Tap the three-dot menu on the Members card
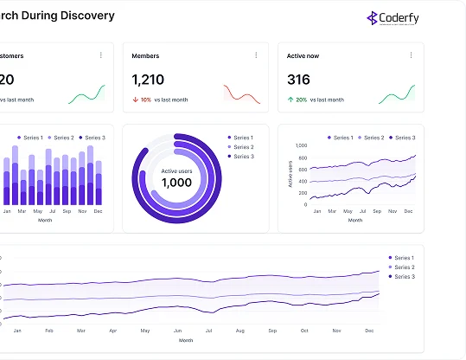click(x=256, y=55)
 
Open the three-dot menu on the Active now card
click(x=412, y=55)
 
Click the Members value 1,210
click(x=148, y=80)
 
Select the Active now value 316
click(x=298, y=80)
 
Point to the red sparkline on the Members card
click(x=241, y=93)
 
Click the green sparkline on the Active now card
click(x=397, y=92)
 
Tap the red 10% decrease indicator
click(x=142, y=100)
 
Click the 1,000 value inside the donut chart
click(x=176, y=183)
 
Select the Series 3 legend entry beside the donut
click(x=241, y=157)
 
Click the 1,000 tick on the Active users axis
click(x=301, y=145)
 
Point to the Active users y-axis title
click(x=290, y=174)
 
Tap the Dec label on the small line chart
click(x=407, y=211)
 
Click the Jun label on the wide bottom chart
click(x=177, y=331)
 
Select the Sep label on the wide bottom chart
click(x=272, y=331)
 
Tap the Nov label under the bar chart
click(x=82, y=211)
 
